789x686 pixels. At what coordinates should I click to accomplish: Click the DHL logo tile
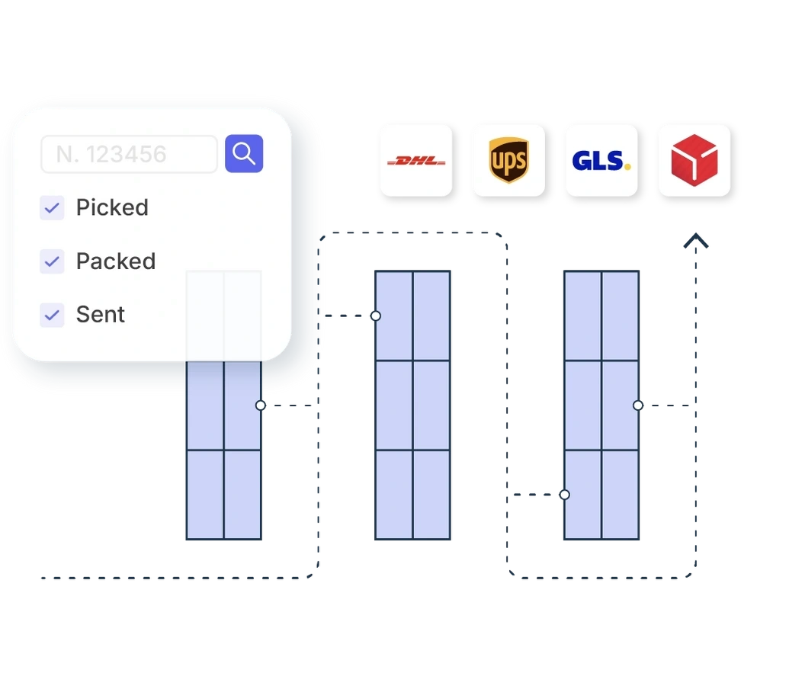point(416,161)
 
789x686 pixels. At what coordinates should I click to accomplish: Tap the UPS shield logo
point(508,161)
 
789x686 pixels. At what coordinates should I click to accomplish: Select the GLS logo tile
point(601,161)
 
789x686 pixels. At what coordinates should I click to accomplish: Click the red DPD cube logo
point(694,161)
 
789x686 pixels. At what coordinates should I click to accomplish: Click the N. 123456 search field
point(129,154)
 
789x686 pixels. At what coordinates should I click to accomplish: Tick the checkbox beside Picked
point(52,207)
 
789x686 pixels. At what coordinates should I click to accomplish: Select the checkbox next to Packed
point(52,261)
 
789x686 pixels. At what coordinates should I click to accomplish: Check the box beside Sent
point(52,315)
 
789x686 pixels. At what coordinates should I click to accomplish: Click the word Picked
point(112,207)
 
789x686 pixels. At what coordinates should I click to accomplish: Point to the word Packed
point(116,261)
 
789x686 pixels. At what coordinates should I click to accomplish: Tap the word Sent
point(101,315)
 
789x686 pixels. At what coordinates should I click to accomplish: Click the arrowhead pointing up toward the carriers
point(695,242)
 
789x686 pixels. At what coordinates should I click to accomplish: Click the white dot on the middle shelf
point(376,316)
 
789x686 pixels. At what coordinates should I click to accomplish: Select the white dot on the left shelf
point(261,406)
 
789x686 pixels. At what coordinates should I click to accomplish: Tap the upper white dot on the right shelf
point(638,406)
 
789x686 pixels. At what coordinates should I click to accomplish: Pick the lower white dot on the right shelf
point(565,495)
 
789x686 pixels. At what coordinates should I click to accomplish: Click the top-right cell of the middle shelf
point(431,316)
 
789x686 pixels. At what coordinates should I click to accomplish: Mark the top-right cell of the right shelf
point(620,316)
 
